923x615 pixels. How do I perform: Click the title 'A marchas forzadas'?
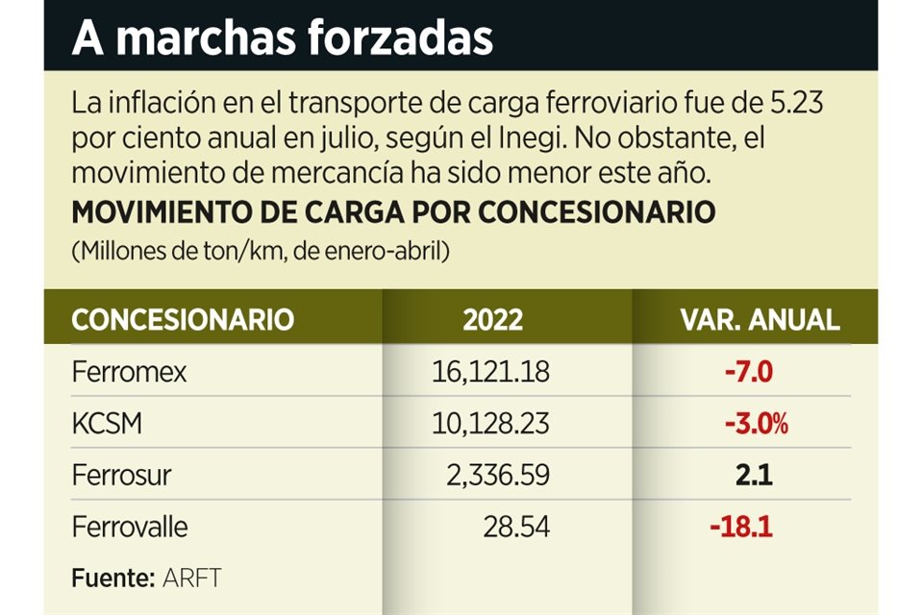[x=282, y=37]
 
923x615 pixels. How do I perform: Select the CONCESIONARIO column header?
[x=183, y=319]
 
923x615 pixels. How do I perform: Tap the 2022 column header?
[x=492, y=319]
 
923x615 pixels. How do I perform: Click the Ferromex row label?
[x=129, y=372]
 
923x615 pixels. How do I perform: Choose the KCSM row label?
[x=107, y=424]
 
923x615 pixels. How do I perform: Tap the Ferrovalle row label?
[x=130, y=528]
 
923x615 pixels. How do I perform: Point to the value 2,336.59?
[x=496, y=476]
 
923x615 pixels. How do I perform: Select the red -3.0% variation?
[x=748, y=424]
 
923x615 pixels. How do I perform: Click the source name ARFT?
[x=192, y=578]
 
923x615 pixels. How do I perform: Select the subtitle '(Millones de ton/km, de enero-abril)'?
[x=260, y=252]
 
